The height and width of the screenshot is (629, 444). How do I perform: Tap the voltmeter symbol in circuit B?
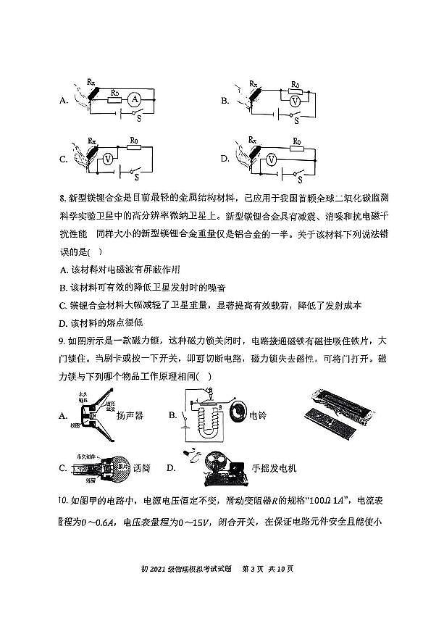[x=294, y=102]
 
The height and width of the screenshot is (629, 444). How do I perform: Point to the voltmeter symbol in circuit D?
[x=269, y=157]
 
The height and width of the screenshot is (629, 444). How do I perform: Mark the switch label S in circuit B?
[x=297, y=120]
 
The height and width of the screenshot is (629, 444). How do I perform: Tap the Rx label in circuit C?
[x=92, y=139]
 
